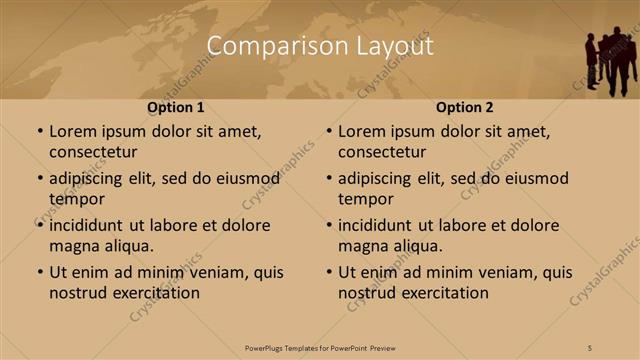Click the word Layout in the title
(x=397, y=47)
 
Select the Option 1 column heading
(x=176, y=108)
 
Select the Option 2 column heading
(x=465, y=108)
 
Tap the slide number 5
(x=590, y=347)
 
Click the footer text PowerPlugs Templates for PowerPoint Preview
(x=320, y=347)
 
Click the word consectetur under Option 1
(x=93, y=152)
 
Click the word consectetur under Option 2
(x=382, y=152)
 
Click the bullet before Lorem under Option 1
(x=39, y=132)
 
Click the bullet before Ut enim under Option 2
(x=328, y=272)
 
